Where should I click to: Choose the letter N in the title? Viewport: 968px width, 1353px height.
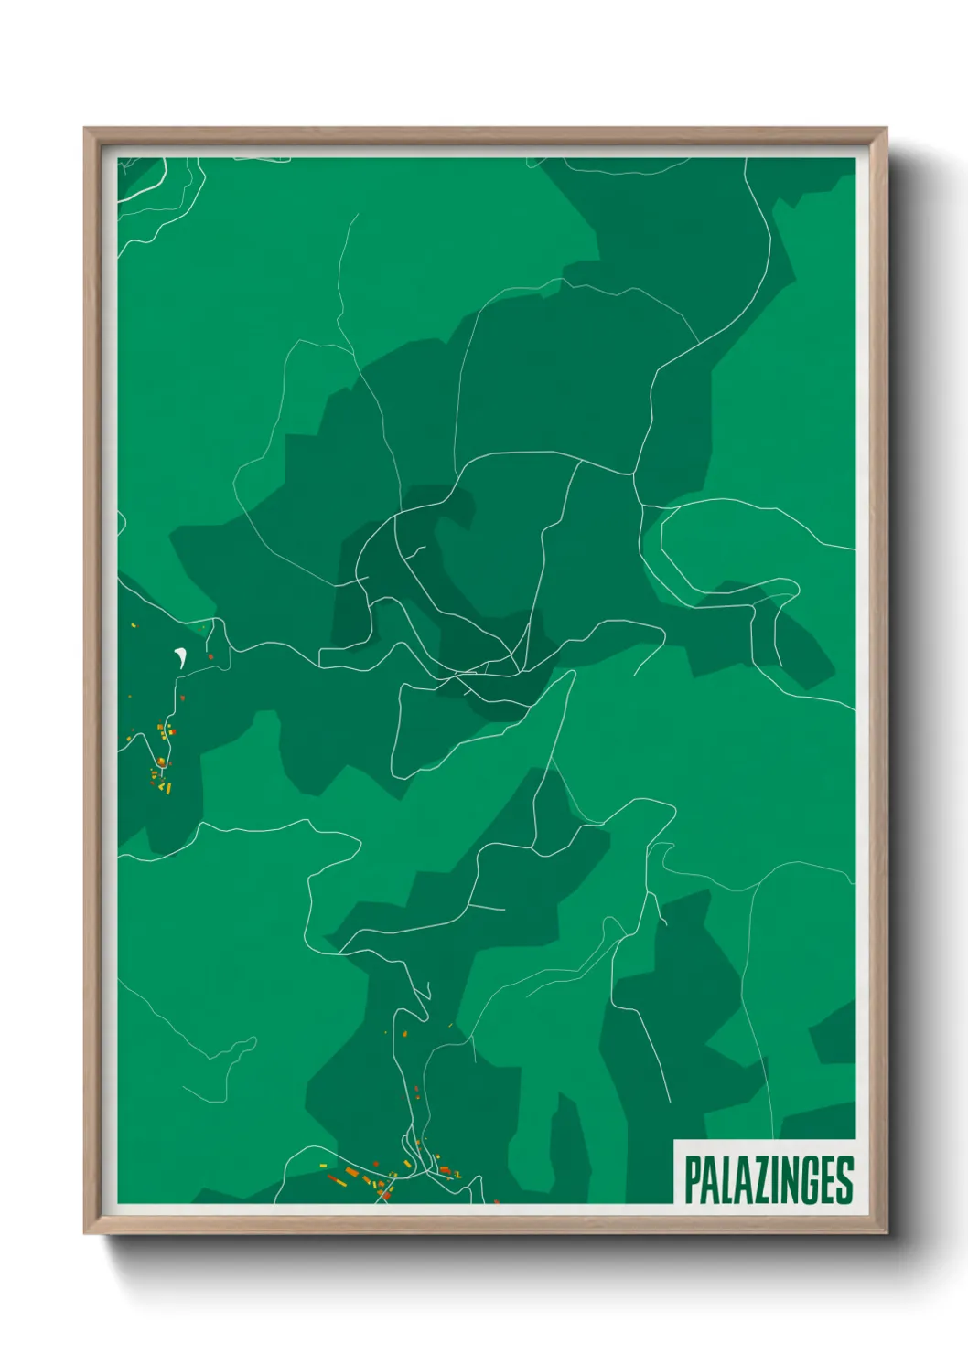pyautogui.click(x=785, y=1180)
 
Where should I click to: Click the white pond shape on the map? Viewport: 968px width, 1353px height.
pyautogui.click(x=180, y=655)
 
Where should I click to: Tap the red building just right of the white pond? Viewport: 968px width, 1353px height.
pyautogui.click(x=210, y=656)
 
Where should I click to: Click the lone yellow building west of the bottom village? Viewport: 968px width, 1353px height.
pyautogui.click(x=323, y=1165)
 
